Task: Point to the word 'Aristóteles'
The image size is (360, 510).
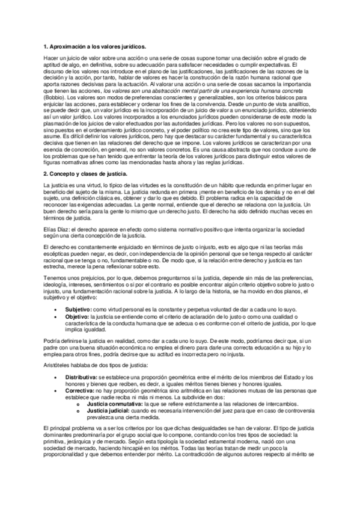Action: [x=59, y=364]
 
